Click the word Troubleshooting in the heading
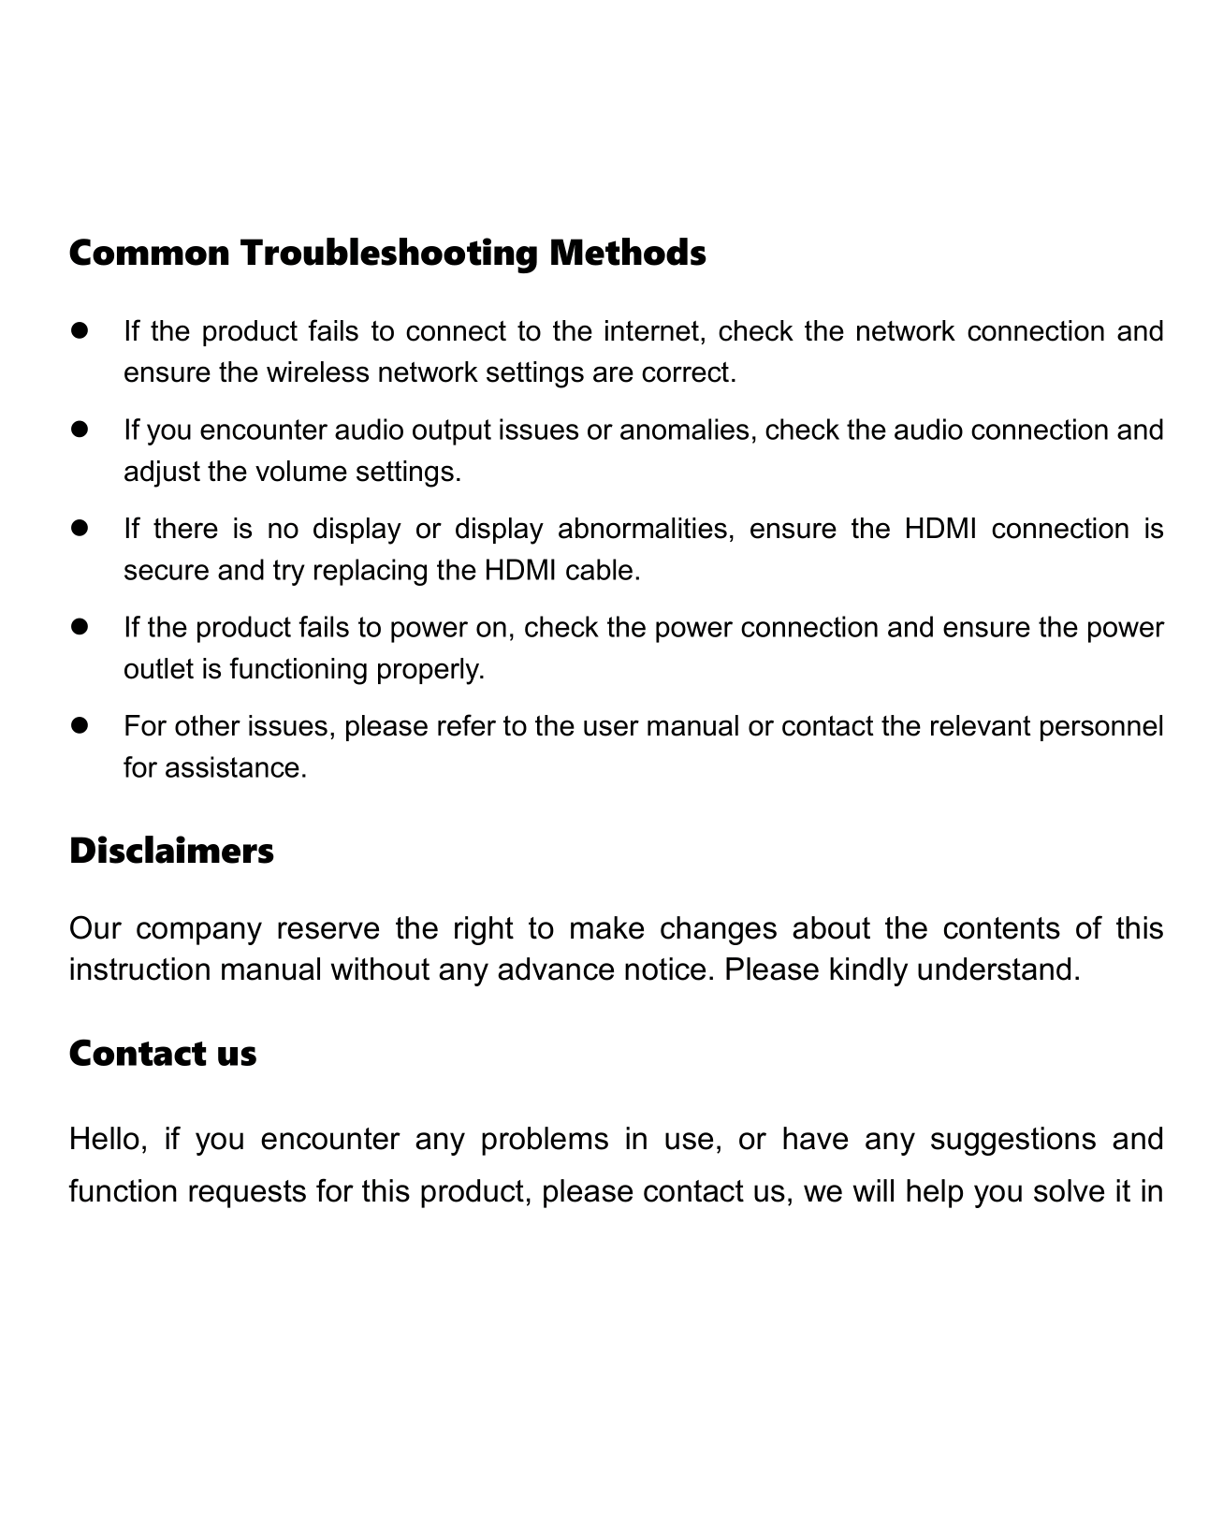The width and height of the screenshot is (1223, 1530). [x=389, y=255]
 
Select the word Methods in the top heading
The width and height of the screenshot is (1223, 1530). [x=627, y=253]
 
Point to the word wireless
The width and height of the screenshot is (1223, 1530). [x=318, y=373]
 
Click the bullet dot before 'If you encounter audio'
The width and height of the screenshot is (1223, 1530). [x=79, y=430]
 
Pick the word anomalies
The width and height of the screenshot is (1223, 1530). [x=691, y=430]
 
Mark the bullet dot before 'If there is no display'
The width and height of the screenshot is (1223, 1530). [x=79, y=530]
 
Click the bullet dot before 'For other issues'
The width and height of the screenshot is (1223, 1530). [x=79, y=727]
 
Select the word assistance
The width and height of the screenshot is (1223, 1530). [x=235, y=769]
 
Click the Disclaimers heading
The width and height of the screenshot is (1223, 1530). [x=171, y=852]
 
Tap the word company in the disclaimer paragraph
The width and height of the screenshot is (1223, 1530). [x=198, y=929]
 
